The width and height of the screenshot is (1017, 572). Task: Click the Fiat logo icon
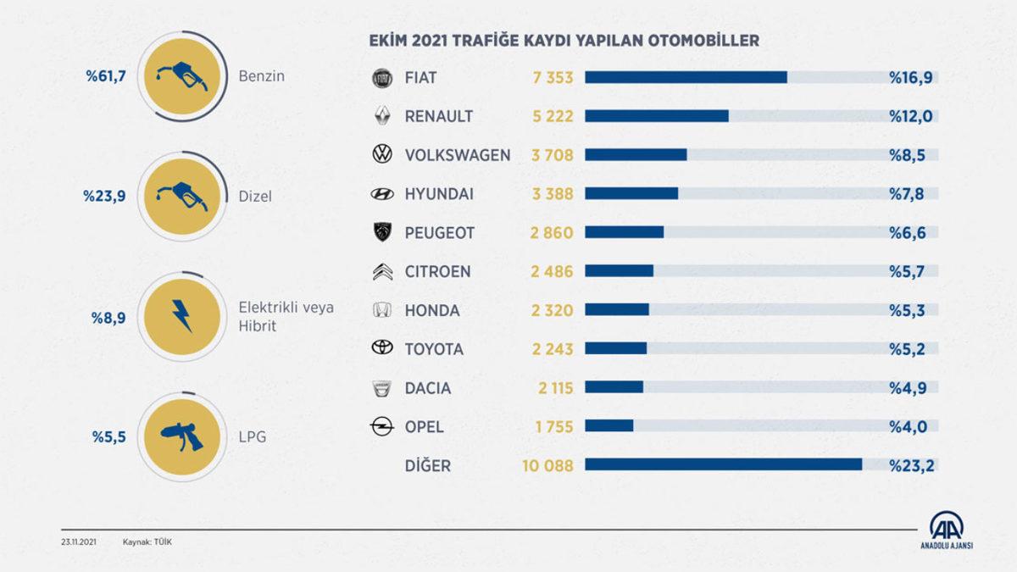[383, 78]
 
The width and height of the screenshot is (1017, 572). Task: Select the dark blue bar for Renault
[657, 116]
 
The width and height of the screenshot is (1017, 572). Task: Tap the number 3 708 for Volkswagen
[553, 155]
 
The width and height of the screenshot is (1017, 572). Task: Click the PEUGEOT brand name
[440, 233]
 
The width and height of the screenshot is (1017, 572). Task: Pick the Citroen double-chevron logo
[383, 272]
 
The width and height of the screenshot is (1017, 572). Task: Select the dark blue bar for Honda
[617, 310]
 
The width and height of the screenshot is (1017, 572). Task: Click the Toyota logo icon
[383, 349]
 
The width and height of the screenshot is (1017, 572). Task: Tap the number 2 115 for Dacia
[554, 388]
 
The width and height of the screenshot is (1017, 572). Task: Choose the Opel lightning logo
[383, 427]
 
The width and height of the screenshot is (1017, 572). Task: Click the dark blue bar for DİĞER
[723, 465]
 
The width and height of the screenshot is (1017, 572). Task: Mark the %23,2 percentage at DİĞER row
[911, 465]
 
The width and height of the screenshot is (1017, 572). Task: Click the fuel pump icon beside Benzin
[181, 76]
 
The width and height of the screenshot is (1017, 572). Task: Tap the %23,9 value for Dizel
[104, 196]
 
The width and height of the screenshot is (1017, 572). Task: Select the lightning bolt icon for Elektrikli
[181, 316]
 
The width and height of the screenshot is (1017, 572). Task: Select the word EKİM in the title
[387, 40]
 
